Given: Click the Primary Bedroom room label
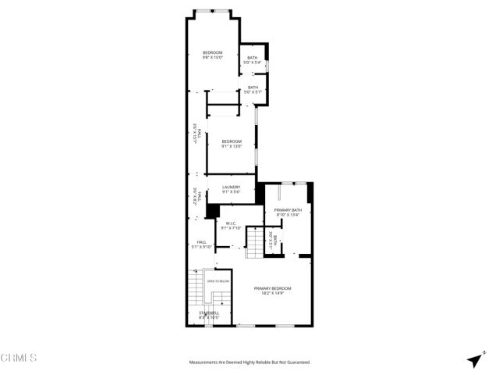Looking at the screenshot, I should click(x=272, y=288).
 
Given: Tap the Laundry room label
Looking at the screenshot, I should click(x=231, y=187).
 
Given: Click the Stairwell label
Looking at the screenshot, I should click(x=208, y=312).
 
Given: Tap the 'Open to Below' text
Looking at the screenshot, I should click(x=218, y=280).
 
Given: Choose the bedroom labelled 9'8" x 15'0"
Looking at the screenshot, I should click(x=213, y=52).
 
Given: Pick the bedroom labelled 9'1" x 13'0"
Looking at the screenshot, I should click(x=232, y=141).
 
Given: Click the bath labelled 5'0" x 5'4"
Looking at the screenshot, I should click(x=252, y=57).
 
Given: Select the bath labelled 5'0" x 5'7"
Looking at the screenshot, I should click(x=252, y=87).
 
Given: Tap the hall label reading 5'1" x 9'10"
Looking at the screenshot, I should click(x=201, y=242).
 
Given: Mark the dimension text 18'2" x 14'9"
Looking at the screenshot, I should click(x=272, y=293).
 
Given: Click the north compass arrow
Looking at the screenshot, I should click(x=474, y=359).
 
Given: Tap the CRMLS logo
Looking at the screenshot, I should click(x=19, y=359).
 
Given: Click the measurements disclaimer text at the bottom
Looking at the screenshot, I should click(x=249, y=362).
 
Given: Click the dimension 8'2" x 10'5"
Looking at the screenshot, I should click(x=208, y=317).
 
